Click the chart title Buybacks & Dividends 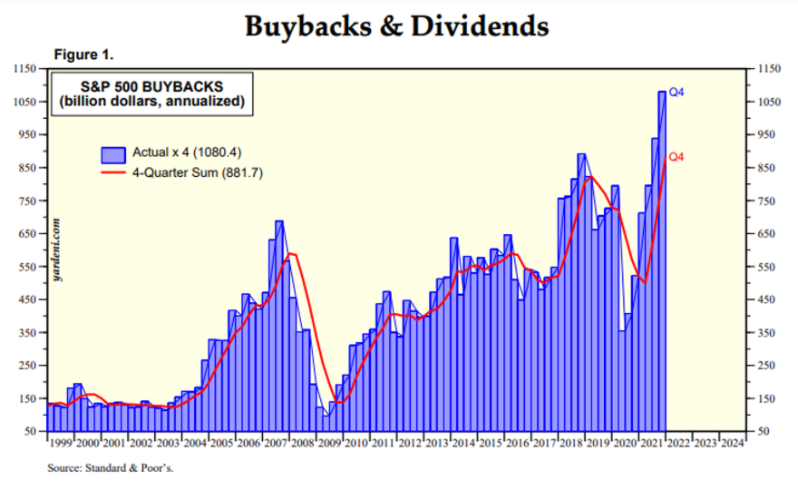pyautogui.click(x=396, y=26)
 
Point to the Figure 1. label pyautogui.click(x=83, y=54)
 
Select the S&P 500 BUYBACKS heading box pyautogui.click(x=151, y=93)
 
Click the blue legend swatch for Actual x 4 pyautogui.click(x=113, y=153)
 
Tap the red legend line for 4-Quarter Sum pyautogui.click(x=113, y=172)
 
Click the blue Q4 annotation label pyautogui.click(x=676, y=93)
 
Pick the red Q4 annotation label pyautogui.click(x=676, y=158)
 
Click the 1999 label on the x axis pyautogui.click(x=60, y=444)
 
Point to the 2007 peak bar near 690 pyautogui.click(x=279, y=327)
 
